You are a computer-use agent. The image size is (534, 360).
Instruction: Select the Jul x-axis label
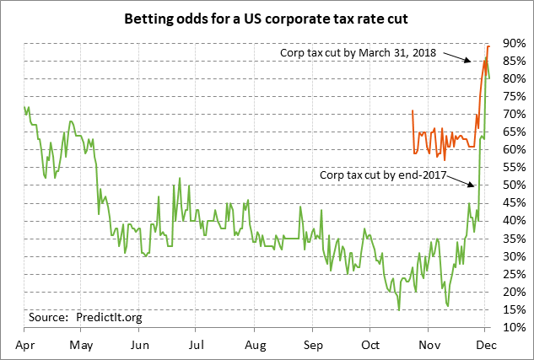(196, 344)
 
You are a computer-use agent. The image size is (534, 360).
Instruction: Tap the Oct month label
(370, 344)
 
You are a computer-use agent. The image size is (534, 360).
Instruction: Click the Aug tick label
(255, 344)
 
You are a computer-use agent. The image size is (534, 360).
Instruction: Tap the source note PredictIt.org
(86, 317)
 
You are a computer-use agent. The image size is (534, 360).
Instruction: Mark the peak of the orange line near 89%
(488, 46)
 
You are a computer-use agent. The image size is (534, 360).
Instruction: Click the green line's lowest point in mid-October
(398, 309)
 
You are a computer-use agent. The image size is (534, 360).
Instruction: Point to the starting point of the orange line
(412, 110)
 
